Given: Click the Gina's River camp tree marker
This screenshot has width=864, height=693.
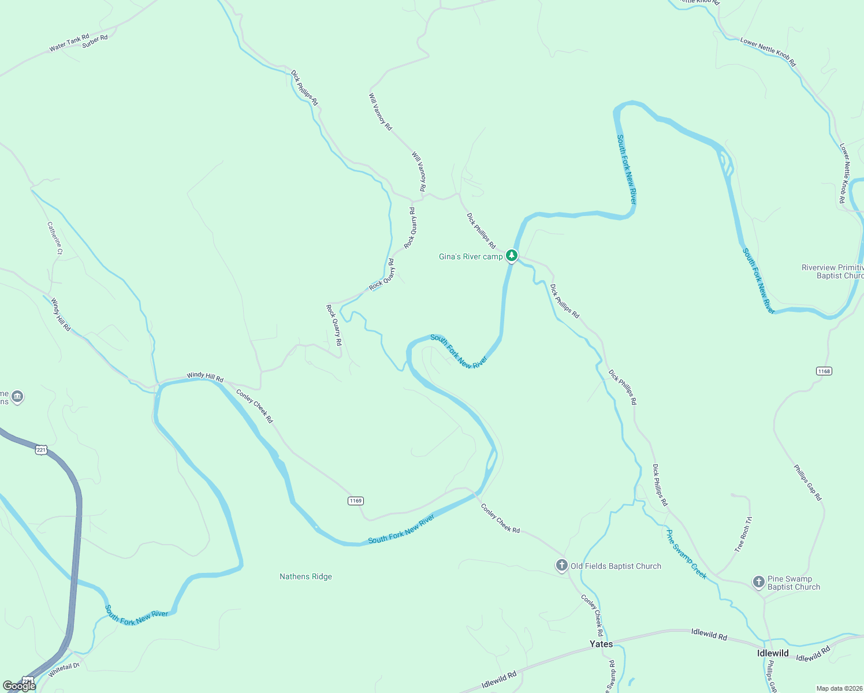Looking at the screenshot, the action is pyautogui.click(x=511, y=255).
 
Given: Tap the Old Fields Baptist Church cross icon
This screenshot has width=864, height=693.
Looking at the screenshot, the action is pyautogui.click(x=562, y=565).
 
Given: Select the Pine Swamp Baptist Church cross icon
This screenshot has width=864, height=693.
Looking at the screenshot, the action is pyautogui.click(x=759, y=582).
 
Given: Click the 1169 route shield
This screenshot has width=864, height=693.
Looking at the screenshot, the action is pyautogui.click(x=356, y=501).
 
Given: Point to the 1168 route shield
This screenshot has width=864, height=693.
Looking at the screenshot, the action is pyautogui.click(x=824, y=371).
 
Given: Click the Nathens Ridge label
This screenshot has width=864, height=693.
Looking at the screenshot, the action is pyautogui.click(x=306, y=576).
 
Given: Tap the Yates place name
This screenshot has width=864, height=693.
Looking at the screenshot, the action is pyautogui.click(x=601, y=644).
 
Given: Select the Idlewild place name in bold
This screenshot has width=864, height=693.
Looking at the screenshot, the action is pyautogui.click(x=773, y=653).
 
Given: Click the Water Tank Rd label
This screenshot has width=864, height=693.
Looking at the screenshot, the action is pyautogui.click(x=69, y=43).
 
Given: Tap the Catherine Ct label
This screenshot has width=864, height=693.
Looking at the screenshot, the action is pyautogui.click(x=55, y=239).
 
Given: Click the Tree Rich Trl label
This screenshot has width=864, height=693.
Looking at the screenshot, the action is pyautogui.click(x=743, y=535).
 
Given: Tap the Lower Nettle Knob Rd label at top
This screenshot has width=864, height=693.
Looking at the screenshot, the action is pyautogui.click(x=768, y=52).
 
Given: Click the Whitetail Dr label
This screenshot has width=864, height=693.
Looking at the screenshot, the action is pyautogui.click(x=64, y=670).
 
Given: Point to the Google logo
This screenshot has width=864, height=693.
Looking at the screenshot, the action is pyautogui.click(x=19, y=686).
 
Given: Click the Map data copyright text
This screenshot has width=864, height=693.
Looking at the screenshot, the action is pyautogui.click(x=839, y=688).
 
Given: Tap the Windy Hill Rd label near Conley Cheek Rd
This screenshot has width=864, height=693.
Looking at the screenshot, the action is pyautogui.click(x=205, y=377).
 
